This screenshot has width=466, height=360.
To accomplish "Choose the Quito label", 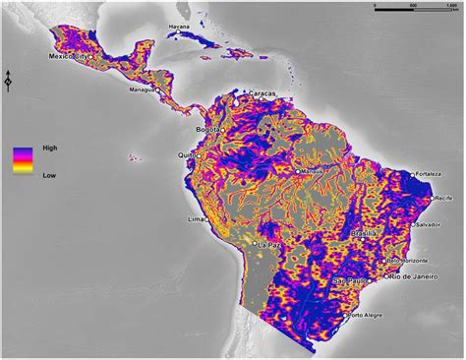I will point(185,154).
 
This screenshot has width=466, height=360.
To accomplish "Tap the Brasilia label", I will point(365,233).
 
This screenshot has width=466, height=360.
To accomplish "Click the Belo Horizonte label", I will point(406,260).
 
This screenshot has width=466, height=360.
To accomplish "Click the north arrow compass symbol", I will point(9,81).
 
